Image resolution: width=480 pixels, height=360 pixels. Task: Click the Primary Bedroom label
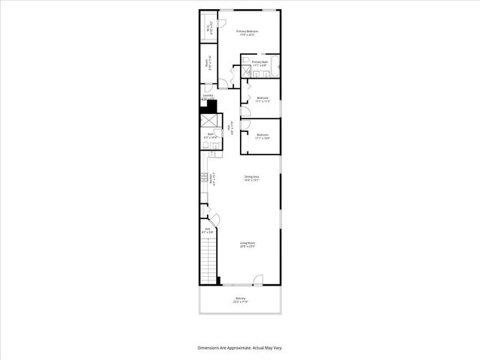click(247, 31)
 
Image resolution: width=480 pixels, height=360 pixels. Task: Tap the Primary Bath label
click(260, 61)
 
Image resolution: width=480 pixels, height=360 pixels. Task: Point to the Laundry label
click(208, 95)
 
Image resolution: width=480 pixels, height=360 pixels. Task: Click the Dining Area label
click(251, 176)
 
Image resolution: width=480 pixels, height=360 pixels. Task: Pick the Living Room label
click(247, 242)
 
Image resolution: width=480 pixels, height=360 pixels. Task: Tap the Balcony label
click(241, 298)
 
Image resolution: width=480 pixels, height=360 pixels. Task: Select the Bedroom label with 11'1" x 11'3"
click(262, 98)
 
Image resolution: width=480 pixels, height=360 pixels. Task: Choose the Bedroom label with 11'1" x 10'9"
click(262, 135)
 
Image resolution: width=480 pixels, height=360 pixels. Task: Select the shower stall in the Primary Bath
click(245, 73)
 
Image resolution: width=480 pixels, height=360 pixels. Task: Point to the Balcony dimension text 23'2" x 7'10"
click(241, 302)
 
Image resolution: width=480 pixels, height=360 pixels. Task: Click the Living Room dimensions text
click(247, 247)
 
